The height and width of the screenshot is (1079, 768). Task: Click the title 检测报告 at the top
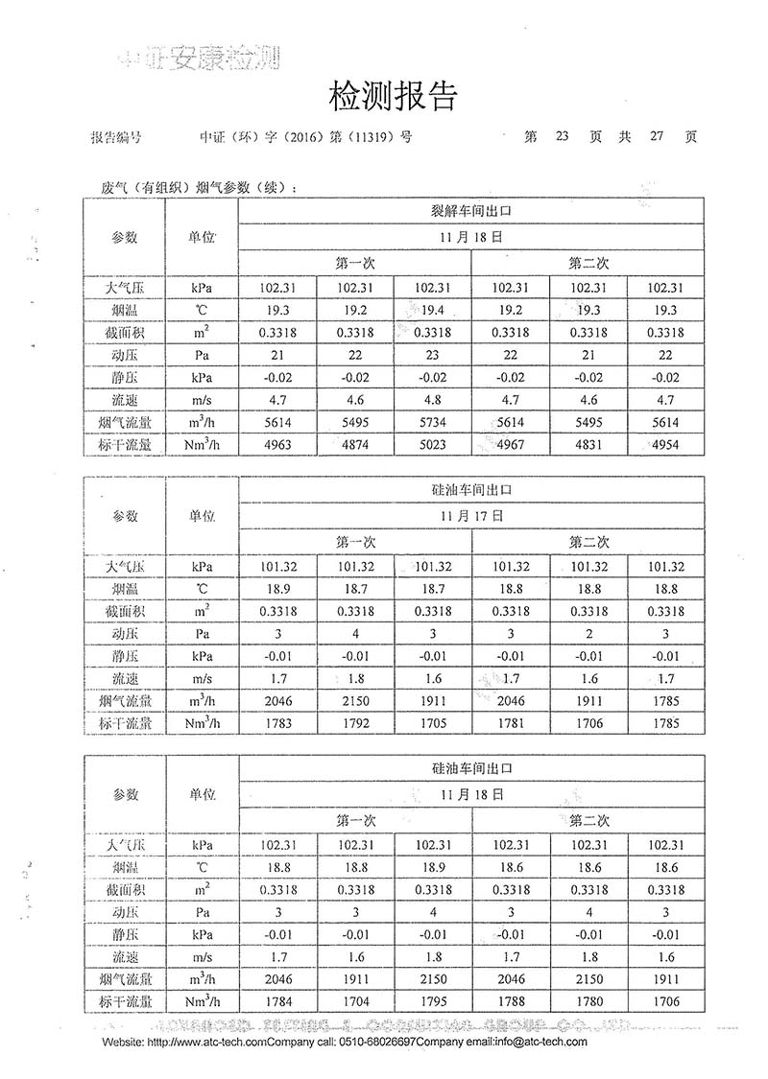click(x=393, y=96)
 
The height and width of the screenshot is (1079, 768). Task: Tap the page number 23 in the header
click(x=562, y=136)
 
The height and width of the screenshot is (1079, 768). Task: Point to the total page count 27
click(x=657, y=136)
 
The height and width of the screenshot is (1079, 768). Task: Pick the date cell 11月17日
click(x=471, y=515)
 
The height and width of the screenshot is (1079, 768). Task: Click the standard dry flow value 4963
click(x=277, y=444)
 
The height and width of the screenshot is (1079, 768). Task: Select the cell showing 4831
click(x=588, y=444)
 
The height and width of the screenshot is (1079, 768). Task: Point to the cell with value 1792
click(x=354, y=723)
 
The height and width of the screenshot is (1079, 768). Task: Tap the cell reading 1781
click(x=511, y=723)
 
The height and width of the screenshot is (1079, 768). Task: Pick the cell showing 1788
click(x=511, y=1001)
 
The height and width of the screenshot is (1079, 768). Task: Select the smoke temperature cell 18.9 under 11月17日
click(x=277, y=589)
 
